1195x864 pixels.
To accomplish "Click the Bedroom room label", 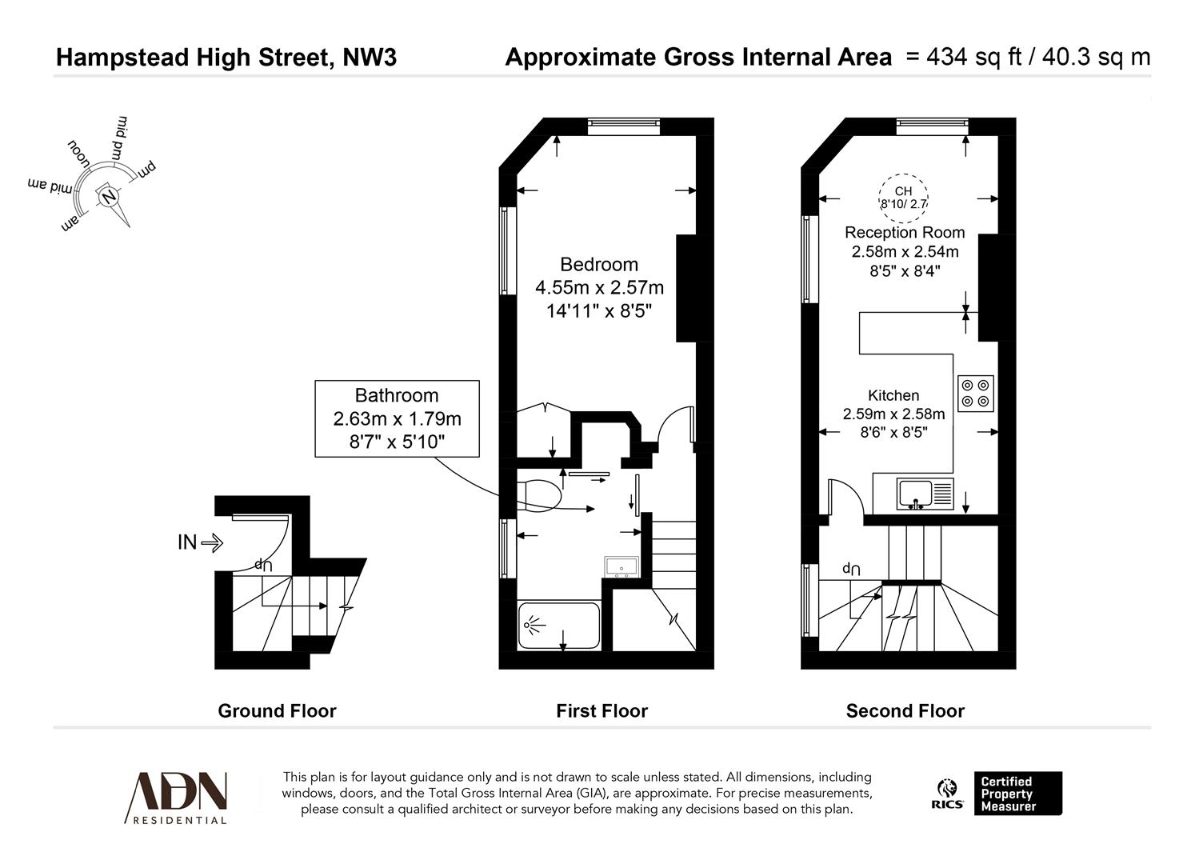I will coord(598,265).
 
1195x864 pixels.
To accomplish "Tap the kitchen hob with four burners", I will coord(975,393).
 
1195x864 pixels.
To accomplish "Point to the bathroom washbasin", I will coord(621,566).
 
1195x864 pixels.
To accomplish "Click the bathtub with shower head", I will coord(558,625).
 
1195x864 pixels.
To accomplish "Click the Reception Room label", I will coord(905,233).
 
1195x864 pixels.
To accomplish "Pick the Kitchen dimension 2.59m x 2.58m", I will coord(893,414).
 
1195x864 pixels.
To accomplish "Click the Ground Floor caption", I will coord(277,711).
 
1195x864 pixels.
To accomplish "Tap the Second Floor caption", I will coord(905,711).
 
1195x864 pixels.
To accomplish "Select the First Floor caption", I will coord(601,711).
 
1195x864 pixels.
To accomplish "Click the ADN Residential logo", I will coord(176,797).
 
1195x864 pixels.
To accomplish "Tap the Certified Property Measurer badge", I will coord(1017,794).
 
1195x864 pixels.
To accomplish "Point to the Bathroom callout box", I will coord(397,418).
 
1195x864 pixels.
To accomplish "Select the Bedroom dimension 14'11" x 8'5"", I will coord(599,310).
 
